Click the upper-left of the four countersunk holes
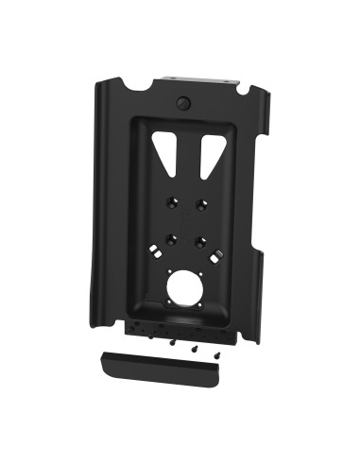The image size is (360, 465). coord(171,201)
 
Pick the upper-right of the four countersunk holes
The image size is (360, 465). coord(201,202)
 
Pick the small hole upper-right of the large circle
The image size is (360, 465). coord(200,273)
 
